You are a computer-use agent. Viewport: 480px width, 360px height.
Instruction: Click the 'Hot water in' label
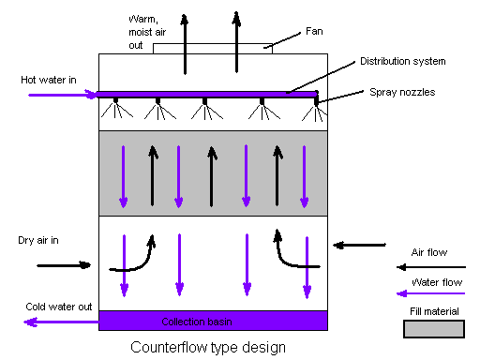[49, 80]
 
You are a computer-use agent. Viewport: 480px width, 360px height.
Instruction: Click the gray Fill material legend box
[433, 328]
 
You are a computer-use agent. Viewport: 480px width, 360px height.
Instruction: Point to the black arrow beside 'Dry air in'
[64, 265]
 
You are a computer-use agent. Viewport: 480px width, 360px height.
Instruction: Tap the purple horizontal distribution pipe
[206, 94]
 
